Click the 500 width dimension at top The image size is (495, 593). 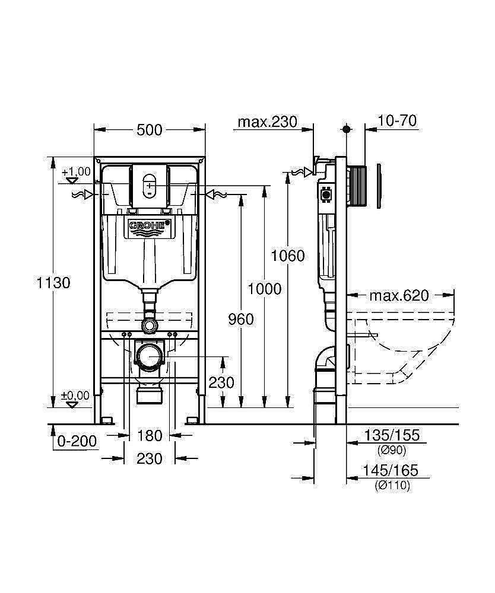[150, 129]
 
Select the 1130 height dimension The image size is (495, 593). [54, 283]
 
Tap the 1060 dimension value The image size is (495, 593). [287, 256]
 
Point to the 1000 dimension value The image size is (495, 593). [264, 289]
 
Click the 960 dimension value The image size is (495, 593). [241, 320]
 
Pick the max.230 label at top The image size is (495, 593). [266, 122]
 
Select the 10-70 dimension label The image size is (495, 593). [397, 122]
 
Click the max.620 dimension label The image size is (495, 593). [398, 295]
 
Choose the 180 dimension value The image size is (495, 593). [150, 436]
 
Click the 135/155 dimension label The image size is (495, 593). [391, 436]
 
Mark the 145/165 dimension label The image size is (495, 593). [391, 471]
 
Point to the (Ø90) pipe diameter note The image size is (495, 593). [391, 451]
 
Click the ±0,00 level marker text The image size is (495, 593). [76, 395]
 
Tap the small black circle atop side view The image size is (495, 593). [346, 128]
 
